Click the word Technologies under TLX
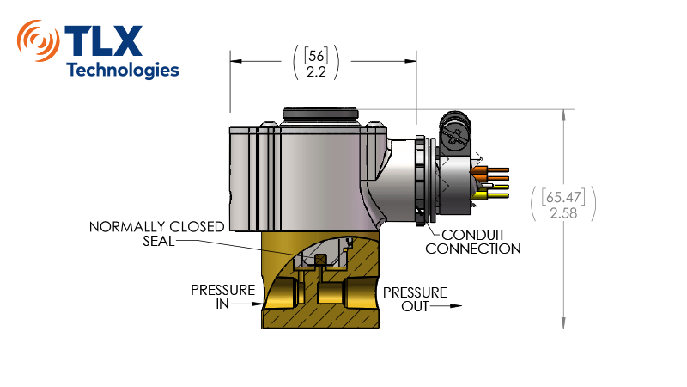pos(123,70)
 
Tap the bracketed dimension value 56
pos(316,56)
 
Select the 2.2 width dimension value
pos(316,72)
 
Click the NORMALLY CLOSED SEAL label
pos(156,233)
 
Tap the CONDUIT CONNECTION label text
pos(473,242)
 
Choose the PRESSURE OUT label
pos(415,299)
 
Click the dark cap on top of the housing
pos(320,114)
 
